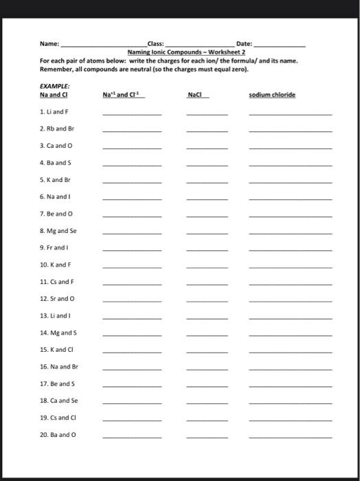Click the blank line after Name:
pos(103,45)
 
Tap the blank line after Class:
pos(199,45)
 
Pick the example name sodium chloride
pos(272,95)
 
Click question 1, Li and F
pos(54,111)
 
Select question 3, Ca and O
pos(56,145)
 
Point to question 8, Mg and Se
pos(58,231)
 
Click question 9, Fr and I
pos(55,247)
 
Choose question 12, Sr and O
pos(56,299)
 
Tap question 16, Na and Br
pos(59,367)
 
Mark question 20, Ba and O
pos(58,434)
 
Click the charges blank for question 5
pos(132,182)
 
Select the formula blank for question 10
pos(207,267)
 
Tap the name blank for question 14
pos(290,335)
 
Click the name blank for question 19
pos(290,420)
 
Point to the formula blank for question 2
pos(207,131)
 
